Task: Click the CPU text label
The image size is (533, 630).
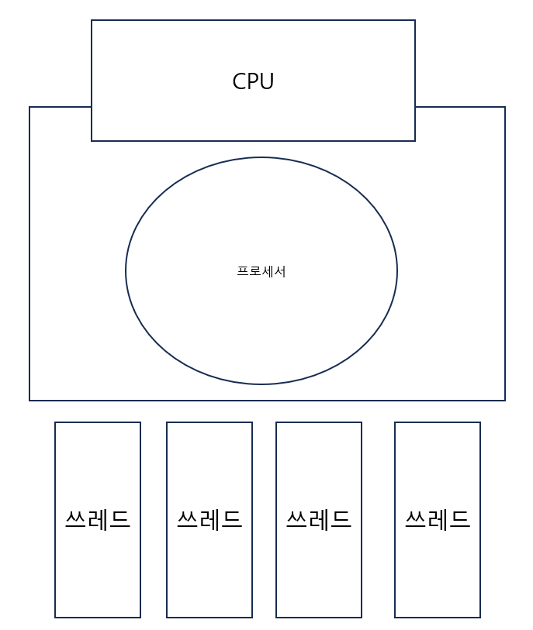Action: pos(253,81)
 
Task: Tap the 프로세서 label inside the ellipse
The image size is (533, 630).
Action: pos(261,271)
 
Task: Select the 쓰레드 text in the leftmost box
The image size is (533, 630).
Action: pos(98,519)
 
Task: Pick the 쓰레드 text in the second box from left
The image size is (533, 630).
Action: pos(209,519)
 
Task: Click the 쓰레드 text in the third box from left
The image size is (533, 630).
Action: pos(319,519)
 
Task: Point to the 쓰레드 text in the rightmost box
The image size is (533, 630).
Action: pos(438,519)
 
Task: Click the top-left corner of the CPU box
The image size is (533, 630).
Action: pos(92,20)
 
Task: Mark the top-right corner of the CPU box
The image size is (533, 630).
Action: pos(415,20)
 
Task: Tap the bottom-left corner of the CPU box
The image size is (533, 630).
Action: pos(92,141)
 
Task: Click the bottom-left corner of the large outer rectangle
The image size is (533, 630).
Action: pos(29,401)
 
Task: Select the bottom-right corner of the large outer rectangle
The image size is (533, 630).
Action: pos(505,401)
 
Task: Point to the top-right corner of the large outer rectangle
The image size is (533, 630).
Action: pos(505,107)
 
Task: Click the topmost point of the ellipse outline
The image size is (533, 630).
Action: pos(261,157)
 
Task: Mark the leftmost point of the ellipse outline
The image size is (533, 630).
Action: pos(126,270)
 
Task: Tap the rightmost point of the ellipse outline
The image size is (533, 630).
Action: pos(397,270)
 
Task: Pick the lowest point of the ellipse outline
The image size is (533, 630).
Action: pos(261,384)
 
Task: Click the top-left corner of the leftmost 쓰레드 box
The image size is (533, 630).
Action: pos(55,422)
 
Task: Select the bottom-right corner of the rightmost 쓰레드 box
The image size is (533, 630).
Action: pos(480,618)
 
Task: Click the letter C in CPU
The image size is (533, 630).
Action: pos(239,81)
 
